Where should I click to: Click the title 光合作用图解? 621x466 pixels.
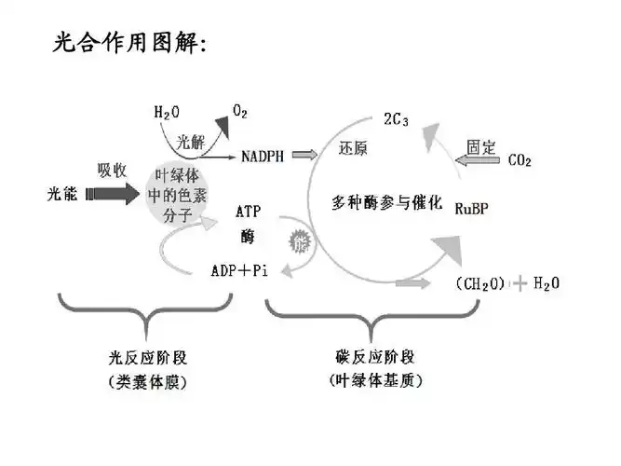click(130, 44)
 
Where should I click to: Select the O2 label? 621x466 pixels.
click(240, 112)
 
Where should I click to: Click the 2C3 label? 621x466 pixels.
click(396, 119)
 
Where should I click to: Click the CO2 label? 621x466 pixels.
click(520, 161)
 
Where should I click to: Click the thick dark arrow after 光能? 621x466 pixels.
click(111, 195)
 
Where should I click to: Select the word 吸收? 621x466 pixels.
click(112, 170)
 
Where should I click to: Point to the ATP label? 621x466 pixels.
click(248, 212)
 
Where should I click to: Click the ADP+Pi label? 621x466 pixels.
click(239, 270)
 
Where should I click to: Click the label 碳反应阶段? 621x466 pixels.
click(375, 357)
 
